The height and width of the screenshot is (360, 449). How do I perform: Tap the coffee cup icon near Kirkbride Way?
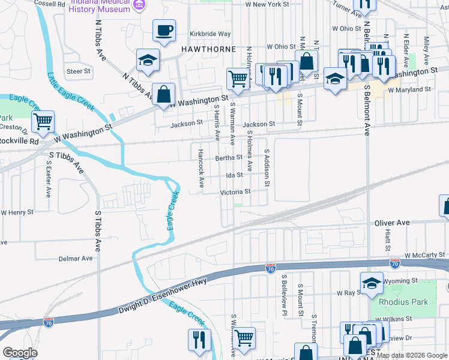pos(163,30)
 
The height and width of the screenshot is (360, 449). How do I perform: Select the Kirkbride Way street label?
pos(210,34)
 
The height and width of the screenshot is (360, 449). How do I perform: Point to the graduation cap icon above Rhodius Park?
pos(372,283)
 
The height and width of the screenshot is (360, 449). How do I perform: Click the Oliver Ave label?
pos(392,223)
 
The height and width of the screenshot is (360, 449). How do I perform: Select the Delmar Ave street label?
pos(76,259)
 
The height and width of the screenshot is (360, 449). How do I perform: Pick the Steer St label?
pos(78,71)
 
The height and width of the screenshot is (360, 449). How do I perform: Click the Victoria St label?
pos(235,192)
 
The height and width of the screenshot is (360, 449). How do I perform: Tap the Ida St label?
pos(234,175)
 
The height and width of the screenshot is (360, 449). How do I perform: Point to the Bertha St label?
pos(228,158)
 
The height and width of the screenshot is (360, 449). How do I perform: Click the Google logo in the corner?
pos(20,353)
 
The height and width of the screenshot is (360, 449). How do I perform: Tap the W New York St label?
pos(268,4)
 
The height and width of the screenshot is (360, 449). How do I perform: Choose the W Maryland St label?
pos(409,89)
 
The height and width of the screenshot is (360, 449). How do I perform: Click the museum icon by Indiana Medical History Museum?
pos(140,5)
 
